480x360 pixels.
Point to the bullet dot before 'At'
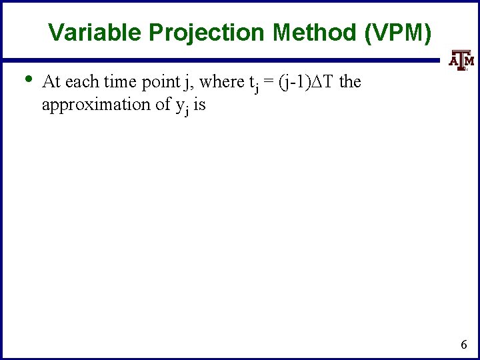point(27,79)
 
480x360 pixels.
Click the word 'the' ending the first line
point(350,81)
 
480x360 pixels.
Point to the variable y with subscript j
point(181,107)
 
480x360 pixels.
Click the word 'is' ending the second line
point(199,104)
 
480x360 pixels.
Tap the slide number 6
point(464,345)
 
